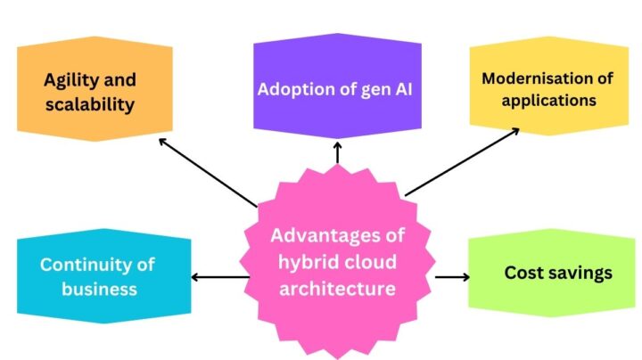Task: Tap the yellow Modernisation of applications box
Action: click(x=547, y=89)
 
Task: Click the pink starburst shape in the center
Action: click(x=337, y=262)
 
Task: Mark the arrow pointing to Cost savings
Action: click(x=452, y=277)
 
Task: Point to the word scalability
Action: click(x=89, y=104)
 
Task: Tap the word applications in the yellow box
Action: click(x=548, y=100)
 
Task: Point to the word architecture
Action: click(x=337, y=288)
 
